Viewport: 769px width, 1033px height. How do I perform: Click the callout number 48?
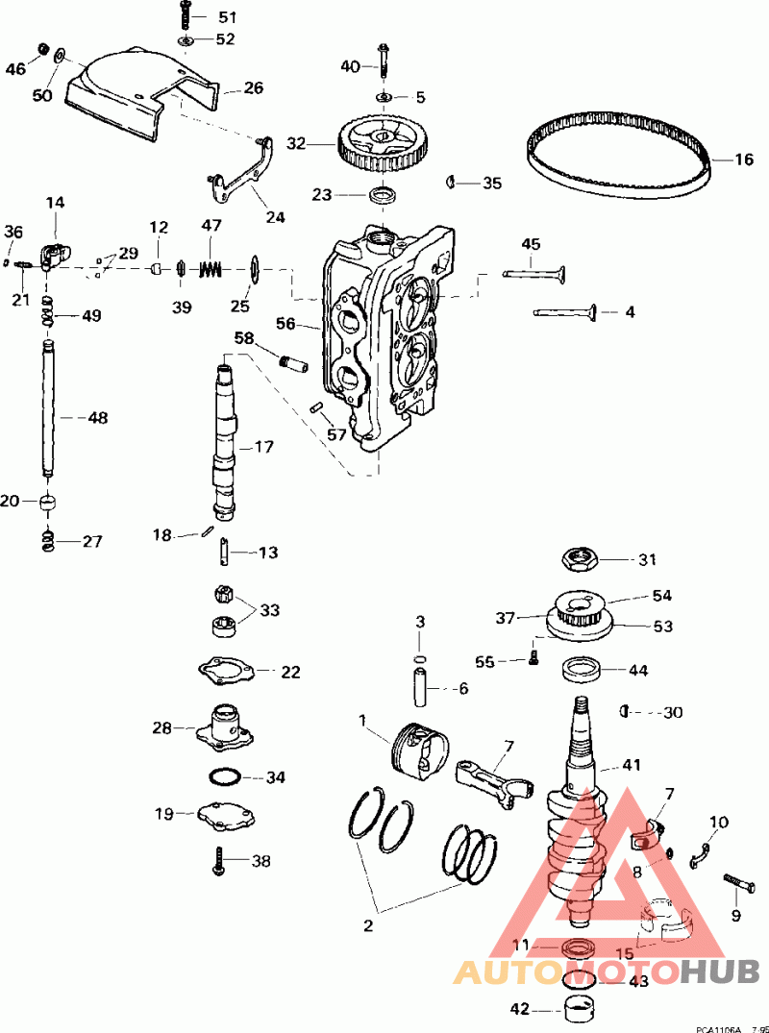(97, 418)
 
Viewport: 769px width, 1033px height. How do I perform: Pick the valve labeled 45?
(534, 272)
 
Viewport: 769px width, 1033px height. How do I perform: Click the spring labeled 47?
(211, 268)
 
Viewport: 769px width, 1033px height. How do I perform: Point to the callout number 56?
(285, 325)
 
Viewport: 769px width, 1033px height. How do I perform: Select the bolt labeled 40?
(384, 63)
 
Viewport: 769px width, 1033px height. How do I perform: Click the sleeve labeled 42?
(577, 1011)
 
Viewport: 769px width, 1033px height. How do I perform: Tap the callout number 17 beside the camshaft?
(263, 448)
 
